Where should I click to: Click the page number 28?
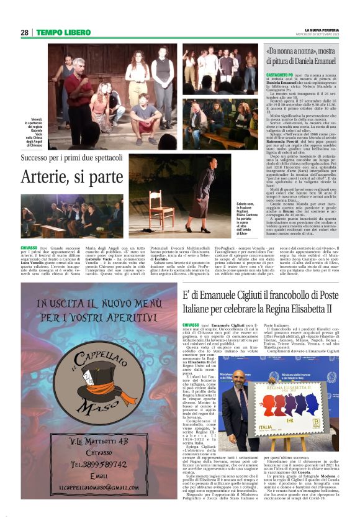point(24,32)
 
